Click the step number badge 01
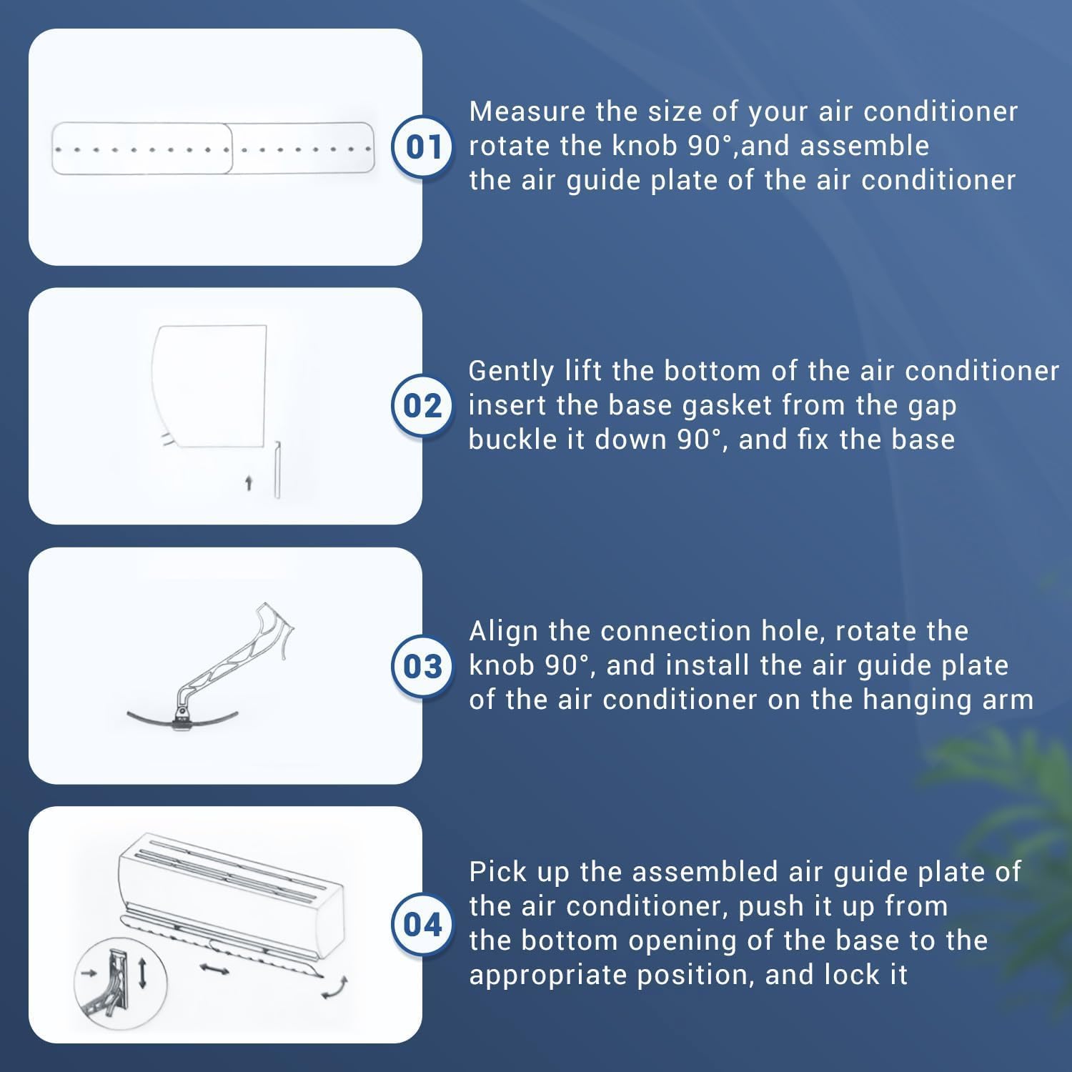422,147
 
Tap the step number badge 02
422,406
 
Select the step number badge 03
422,666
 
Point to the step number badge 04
422,925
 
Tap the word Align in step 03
505,632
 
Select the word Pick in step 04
498,872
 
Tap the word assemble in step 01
864,146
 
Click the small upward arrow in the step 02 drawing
249,484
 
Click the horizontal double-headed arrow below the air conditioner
214,969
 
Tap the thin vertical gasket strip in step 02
277,470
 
